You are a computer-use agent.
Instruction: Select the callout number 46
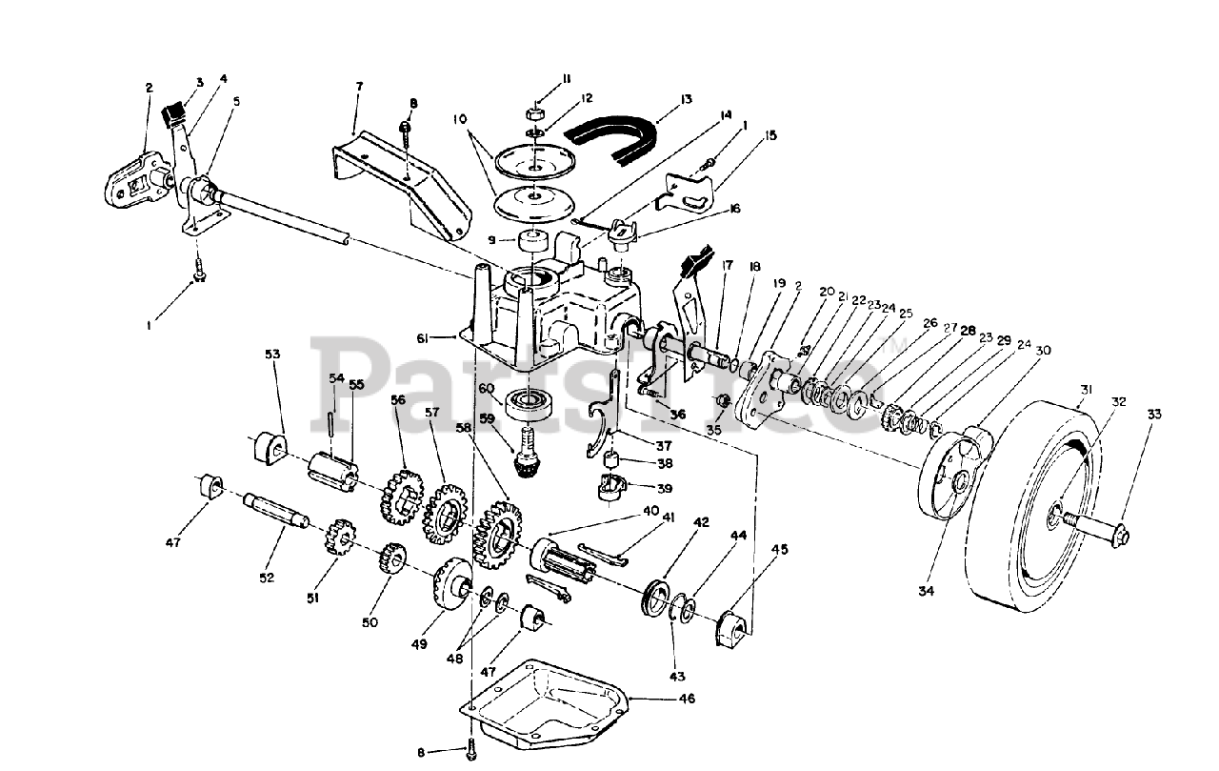point(687,699)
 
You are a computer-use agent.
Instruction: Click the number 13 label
point(686,99)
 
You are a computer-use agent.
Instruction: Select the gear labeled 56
point(401,495)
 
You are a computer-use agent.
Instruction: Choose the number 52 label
point(265,578)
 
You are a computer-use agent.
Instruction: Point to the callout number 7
point(359,87)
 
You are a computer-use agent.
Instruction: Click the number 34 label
point(927,591)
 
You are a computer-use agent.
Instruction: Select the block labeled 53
point(270,448)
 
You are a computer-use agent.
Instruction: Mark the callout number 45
point(780,549)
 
